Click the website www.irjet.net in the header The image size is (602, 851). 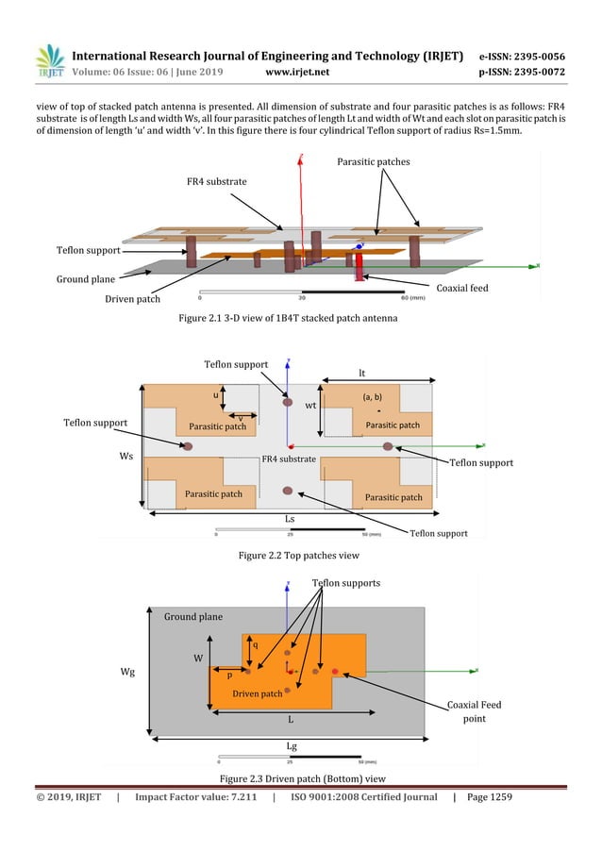[x=298, y=71]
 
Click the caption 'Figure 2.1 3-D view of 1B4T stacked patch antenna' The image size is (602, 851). [x=300, y=318]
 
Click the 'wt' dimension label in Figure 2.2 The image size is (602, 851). [x=310, y=407]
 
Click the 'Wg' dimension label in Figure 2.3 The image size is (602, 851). [x=125, y=673]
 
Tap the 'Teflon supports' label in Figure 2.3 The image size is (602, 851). [x=345, y=583]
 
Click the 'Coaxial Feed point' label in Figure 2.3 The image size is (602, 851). [x=475, y=711]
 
